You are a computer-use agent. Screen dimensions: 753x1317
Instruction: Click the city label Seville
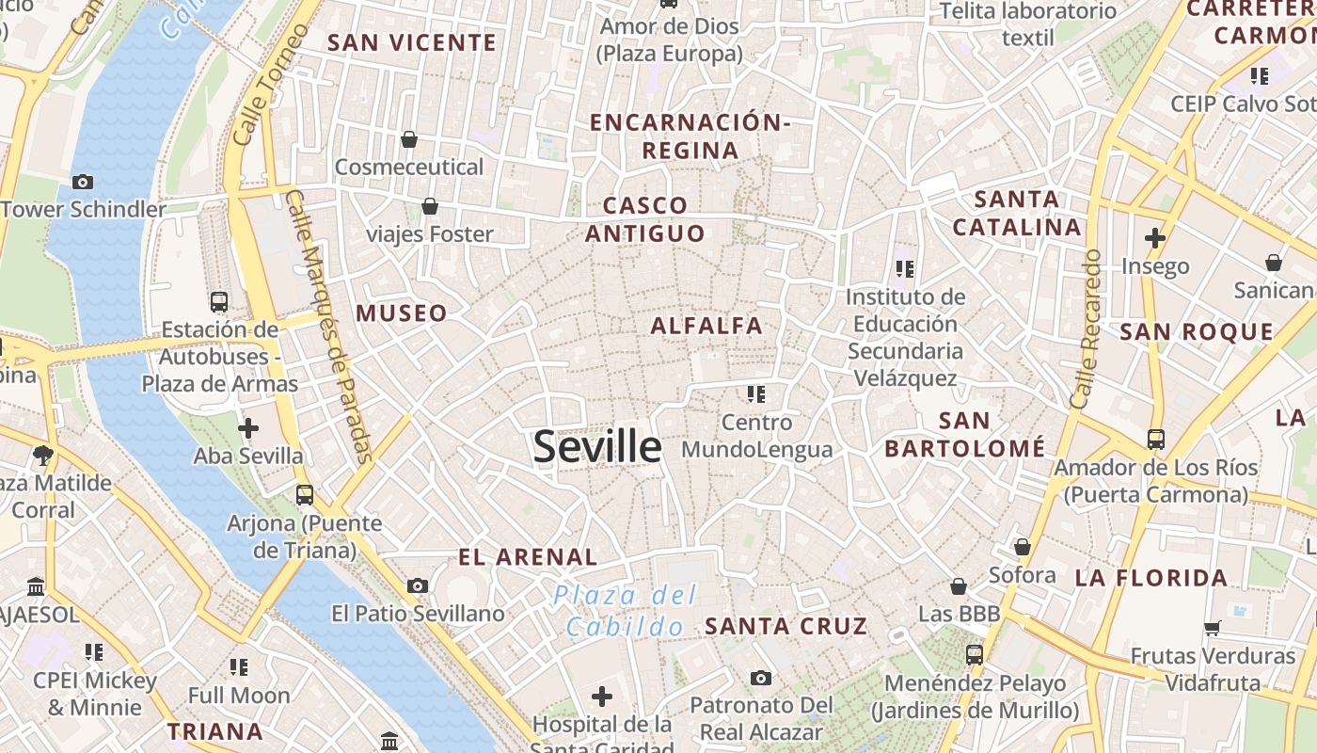(597, 446)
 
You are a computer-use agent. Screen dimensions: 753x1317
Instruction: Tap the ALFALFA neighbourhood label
(706, 326)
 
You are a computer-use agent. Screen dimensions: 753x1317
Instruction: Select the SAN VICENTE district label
(412, 42)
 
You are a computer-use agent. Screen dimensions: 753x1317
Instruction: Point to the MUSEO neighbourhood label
(402, 313)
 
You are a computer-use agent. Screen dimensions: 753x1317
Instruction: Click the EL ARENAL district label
(528, 557)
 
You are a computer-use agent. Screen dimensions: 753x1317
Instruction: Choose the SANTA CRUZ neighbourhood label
(785, 626)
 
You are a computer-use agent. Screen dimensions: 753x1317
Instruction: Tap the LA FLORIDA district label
(1151, 578)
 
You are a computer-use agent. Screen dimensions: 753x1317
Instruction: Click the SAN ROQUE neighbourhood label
(1197, 331)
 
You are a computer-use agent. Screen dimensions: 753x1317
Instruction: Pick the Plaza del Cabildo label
(626, 610)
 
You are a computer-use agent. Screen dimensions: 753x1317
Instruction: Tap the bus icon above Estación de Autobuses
(219, 302)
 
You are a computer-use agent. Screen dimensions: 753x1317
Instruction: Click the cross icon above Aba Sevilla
(248, 429)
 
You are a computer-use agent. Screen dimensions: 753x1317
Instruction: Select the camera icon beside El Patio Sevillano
(418, 586)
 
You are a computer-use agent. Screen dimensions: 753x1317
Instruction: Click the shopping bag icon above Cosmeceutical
(409, 139)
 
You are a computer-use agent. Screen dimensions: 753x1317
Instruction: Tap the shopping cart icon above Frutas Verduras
(1213, 628)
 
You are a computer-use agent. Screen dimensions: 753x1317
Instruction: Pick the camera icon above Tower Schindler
(83, 182)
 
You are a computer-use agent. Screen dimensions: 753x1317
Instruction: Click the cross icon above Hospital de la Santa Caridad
(602, 697)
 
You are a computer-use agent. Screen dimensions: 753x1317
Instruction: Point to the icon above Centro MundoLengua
(756, 393)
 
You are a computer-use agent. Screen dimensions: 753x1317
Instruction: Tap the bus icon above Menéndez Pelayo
(975, 654)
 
